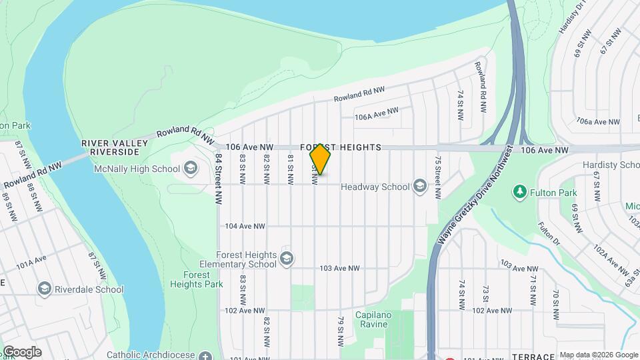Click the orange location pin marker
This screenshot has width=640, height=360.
[x=320, y=159]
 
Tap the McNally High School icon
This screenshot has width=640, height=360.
[x=190, y=167]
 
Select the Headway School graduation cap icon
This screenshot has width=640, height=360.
[x=419, y=186]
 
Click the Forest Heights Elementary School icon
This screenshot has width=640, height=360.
[x=287, y=259]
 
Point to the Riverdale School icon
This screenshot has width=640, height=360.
[x=45, y=289]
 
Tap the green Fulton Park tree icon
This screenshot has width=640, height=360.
[x=519, y=193]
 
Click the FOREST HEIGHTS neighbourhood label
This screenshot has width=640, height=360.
[x=341, y=147]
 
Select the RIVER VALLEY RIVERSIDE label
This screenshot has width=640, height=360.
[x=110, y=147]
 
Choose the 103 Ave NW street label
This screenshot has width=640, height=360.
[x=339, y=268]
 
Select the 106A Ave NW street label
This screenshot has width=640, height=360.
[x=377, y=114]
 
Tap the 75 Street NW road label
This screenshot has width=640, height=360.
[x=438, y=178]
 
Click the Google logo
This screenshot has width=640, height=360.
[x=22, y=352]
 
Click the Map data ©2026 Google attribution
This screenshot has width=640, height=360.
[x=599, y=355]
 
